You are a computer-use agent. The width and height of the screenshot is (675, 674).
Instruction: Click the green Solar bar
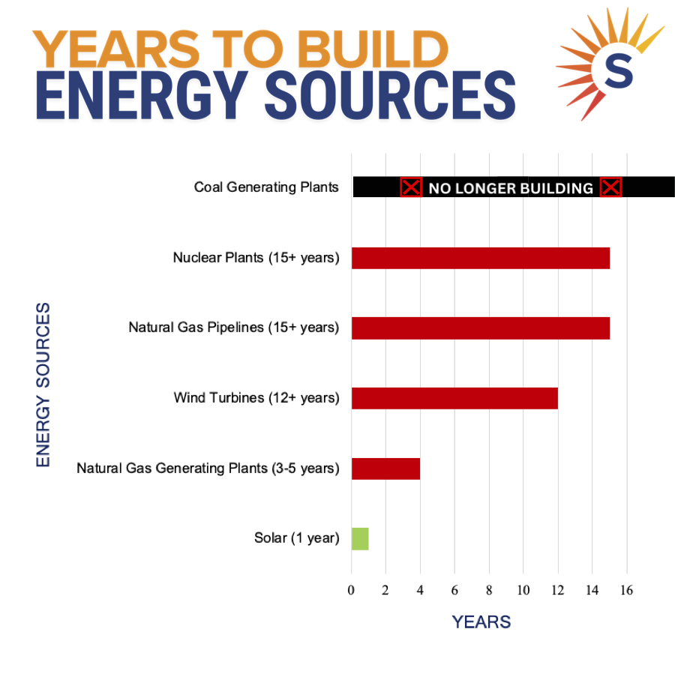click(360, 538)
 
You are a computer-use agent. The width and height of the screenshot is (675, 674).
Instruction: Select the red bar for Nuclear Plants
click(481, 258)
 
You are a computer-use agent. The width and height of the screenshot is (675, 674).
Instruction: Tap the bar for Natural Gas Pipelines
click(481, 328)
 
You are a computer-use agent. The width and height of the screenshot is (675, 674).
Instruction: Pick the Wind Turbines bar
click(454, 398)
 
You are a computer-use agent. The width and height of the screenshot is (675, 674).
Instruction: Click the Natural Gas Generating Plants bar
click(385, 469)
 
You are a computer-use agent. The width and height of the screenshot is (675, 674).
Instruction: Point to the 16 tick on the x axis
click(626, 590)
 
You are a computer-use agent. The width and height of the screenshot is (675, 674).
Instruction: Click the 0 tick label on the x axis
click(351, 590)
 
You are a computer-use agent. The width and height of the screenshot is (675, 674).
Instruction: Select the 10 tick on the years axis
click(523, 590)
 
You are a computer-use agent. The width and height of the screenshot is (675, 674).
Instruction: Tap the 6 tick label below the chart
click(454, 590)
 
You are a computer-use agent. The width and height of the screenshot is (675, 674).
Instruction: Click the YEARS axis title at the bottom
click(481, 622)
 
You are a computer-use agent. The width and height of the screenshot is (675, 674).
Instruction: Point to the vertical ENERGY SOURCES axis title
click(43, 385)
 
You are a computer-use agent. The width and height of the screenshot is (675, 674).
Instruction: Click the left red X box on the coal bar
click(411, 187)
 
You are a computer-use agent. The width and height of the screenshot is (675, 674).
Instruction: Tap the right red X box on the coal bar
click(610, 187)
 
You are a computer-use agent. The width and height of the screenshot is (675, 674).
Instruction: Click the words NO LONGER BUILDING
click(511, 188)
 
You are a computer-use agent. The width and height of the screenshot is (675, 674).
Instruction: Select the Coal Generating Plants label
click(266, 187)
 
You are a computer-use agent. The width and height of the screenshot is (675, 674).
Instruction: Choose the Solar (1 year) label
click(296, 538)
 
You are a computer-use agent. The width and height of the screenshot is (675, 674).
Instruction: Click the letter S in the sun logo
click(619, 70)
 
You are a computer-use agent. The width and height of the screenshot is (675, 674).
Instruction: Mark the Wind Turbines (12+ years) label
click(256, 398)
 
